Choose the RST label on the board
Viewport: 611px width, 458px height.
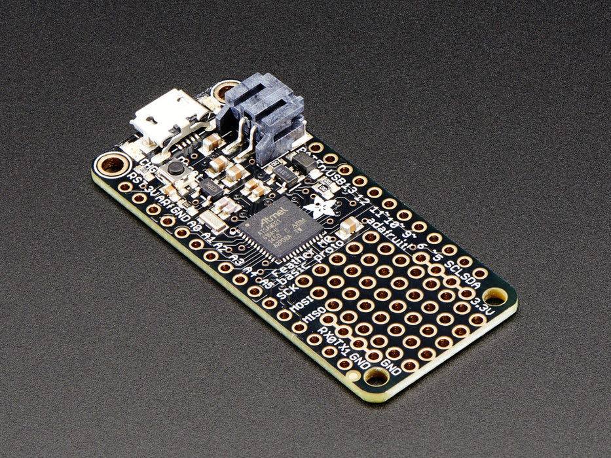pos(134,180)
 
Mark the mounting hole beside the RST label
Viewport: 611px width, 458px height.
pos(112,164)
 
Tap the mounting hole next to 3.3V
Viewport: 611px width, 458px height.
pos(495,298)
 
